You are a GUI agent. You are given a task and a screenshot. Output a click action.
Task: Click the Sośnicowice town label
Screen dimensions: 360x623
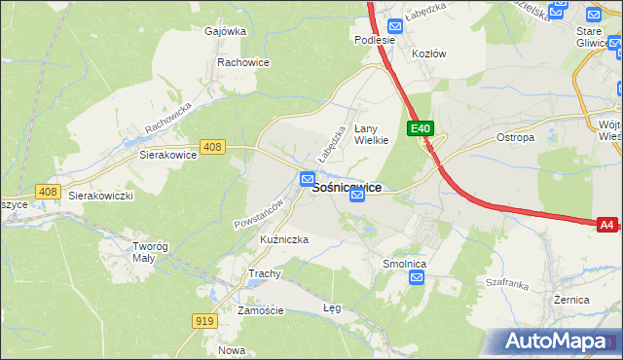click(x=346, y=187)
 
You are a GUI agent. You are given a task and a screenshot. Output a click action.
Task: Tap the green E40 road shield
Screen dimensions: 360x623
click(x=420, y=128)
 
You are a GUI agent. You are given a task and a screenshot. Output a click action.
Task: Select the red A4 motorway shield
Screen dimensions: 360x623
click(x=606, y=225)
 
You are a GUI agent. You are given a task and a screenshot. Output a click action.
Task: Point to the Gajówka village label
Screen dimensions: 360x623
click(x=225, y=31)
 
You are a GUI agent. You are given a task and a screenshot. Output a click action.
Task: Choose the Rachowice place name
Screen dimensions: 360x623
click(x=243, y=62)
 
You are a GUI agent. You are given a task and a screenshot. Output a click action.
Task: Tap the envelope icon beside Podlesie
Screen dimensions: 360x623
click(x=395, y=27)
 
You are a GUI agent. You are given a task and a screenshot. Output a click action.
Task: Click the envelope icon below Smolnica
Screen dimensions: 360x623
click(x=417, y=278)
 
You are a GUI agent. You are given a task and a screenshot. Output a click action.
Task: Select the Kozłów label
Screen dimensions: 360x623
click(x=428, y=54)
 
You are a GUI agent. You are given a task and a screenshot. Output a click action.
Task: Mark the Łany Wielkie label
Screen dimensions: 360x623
click(x=371, y=133)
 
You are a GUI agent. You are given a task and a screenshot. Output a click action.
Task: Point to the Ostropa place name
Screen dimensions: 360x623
click(x=515, y=137)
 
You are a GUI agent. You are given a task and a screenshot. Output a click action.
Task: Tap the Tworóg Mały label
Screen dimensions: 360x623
click(x=151, y=252)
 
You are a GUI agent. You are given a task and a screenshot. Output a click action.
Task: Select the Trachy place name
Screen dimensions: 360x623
click(x=264, y=273)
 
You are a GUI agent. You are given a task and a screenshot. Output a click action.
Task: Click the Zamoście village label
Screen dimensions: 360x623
click(x=260, y=310)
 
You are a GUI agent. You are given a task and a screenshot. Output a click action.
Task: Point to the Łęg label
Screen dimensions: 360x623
click(x=332, y=306)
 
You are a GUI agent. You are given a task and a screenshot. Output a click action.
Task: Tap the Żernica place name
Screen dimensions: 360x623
click(x=570, y=300)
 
